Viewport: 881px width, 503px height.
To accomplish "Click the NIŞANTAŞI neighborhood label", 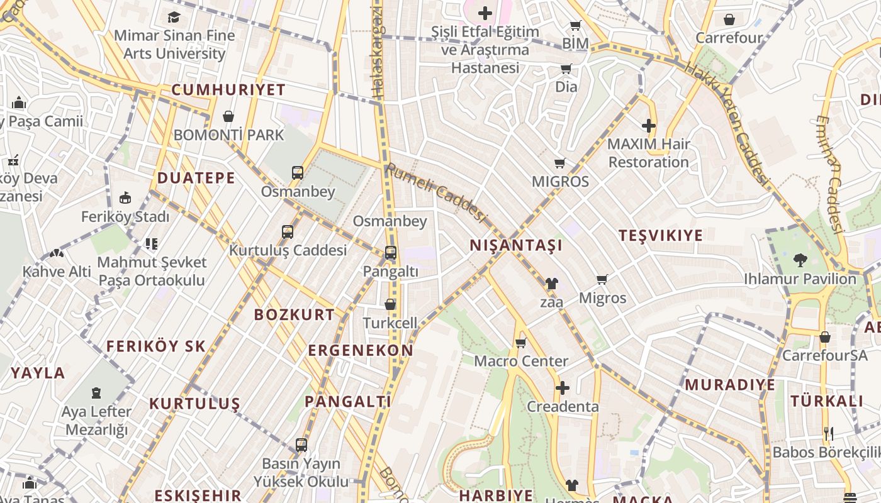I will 516,245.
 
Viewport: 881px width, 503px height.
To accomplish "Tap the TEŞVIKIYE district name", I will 660,236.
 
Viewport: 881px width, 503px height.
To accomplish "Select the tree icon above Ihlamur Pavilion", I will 800,259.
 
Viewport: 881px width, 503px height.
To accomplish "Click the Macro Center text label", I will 521,362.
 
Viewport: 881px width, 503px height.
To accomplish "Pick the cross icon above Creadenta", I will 562,388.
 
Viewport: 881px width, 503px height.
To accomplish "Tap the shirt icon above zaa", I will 552,284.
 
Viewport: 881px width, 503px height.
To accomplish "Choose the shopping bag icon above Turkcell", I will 390,304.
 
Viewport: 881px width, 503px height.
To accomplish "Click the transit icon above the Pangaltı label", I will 390,253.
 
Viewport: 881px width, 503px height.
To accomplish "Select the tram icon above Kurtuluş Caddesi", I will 288,231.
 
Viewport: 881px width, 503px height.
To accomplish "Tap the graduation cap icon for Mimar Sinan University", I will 174,17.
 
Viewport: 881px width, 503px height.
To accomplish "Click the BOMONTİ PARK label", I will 228,135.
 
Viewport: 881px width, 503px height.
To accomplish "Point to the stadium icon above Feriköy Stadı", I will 125,197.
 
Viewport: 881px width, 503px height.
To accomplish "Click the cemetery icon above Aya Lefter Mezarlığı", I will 96,393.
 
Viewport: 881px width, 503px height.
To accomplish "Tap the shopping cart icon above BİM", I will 575,25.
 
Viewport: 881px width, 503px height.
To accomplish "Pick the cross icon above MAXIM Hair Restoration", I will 648,126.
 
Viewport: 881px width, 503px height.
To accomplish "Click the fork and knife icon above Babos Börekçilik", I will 829,433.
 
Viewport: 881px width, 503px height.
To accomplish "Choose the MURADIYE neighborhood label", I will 730,385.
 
